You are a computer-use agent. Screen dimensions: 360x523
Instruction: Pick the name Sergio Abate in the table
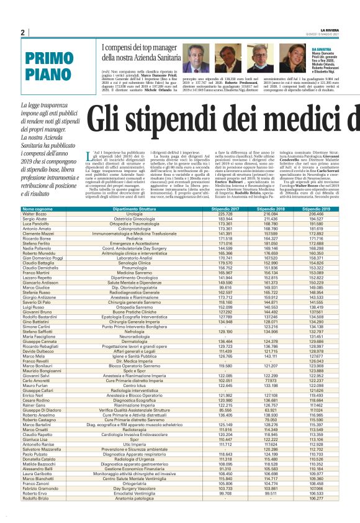tap(35, 219)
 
